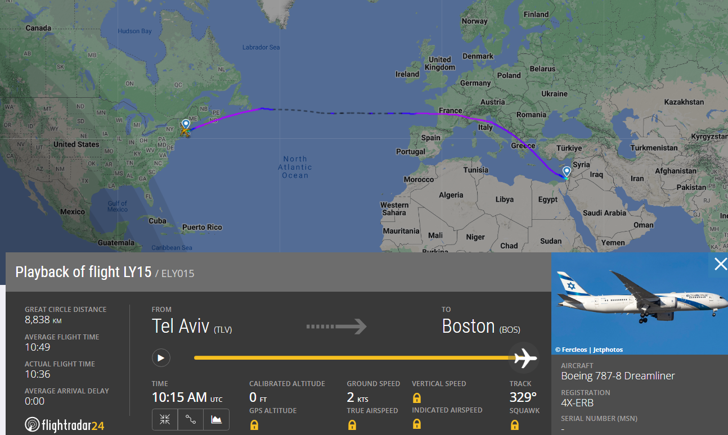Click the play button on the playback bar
161,358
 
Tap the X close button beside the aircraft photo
720,264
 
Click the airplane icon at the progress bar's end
525,357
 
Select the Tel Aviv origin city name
180,326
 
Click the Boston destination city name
468,326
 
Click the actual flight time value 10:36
37,374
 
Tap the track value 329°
523,397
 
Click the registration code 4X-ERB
577,403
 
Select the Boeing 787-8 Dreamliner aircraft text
618,376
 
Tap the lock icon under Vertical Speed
417,398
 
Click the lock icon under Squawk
514,425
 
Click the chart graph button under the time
217,419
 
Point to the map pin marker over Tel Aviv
567,171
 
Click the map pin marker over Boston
186,124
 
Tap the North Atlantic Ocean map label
295,167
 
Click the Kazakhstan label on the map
684,102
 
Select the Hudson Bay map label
134,31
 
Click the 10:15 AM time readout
179,397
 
